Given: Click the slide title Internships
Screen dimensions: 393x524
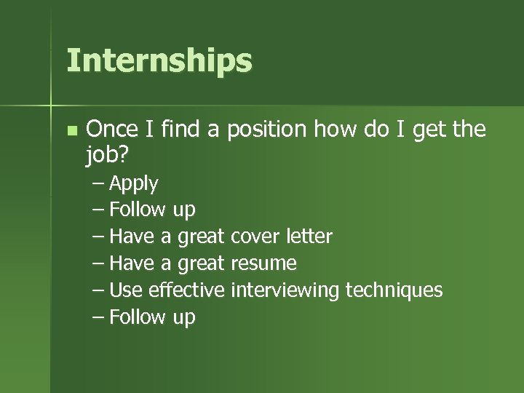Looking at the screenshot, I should [x=159, y=61].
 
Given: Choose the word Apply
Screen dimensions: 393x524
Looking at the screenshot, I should [x=134, y=184].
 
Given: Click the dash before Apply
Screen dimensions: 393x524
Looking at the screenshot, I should [x=98, y=183].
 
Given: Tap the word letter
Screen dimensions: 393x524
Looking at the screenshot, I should [x=309, y=237].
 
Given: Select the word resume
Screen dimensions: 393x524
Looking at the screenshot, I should [x=263, y=263].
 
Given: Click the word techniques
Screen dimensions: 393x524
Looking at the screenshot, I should [x=394, y=290].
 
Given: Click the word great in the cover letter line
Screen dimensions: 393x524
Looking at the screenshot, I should [x=202, y=237].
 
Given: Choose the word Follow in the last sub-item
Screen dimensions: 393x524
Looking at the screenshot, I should [x=138, y=317].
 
